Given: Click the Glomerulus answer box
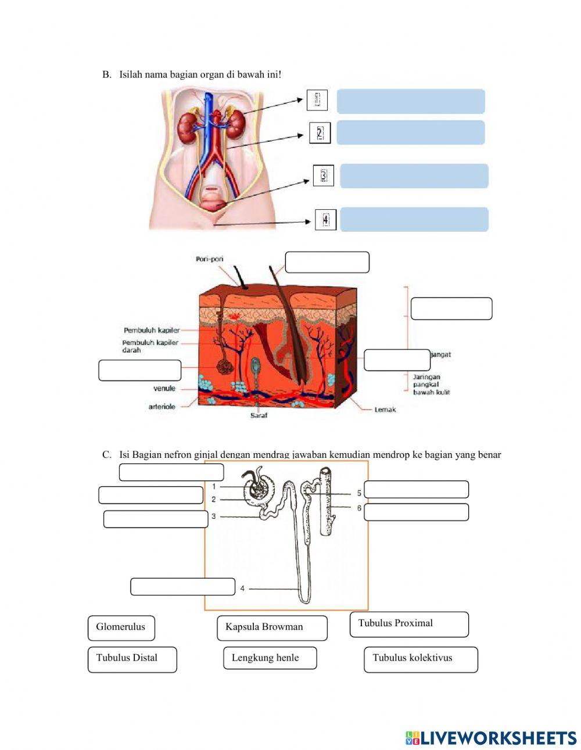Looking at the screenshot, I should pyautogui.click(x=121, y=627).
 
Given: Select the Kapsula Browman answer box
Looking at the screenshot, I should pyautogui.click(x=271, y=628).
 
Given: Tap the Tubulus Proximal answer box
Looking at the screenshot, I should pyautogui.click(x=408, y=624).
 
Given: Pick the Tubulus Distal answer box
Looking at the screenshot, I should pyautogui.click(x=132, y=659).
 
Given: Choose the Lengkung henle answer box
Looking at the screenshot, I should pyautogui.click(x=270, y=658).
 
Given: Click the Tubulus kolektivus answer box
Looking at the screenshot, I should pyautogui.click(x=420, y=659).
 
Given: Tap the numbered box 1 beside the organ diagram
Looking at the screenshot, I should pyautogui.click(x=317, y=100).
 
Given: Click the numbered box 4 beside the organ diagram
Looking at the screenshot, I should pyautogui.click(x=325, y=220).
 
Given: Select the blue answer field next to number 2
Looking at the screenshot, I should pyautogui.click(x=410, y=132).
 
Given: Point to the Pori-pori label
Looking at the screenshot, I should pyautogui.click(x=209, y=259).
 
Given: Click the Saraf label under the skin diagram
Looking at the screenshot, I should pyautogui.click(x=259, y=415).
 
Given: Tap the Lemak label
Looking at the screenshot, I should pyautogui.click(x=385, y=410).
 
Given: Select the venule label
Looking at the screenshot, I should pyautogui.click(x=164, y=389).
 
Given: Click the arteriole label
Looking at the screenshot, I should pyautogui.click(x=162, y=407).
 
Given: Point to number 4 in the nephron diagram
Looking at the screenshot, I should pyautogui.click(x=242, y=588).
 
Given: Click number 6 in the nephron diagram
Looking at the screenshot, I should pyautogui.click(x=359, y=508).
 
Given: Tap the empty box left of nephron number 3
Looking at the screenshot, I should pyautogui.click(x=155, y=519).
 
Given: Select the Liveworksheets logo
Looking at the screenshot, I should pyautogui.click(x=490, y=738).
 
